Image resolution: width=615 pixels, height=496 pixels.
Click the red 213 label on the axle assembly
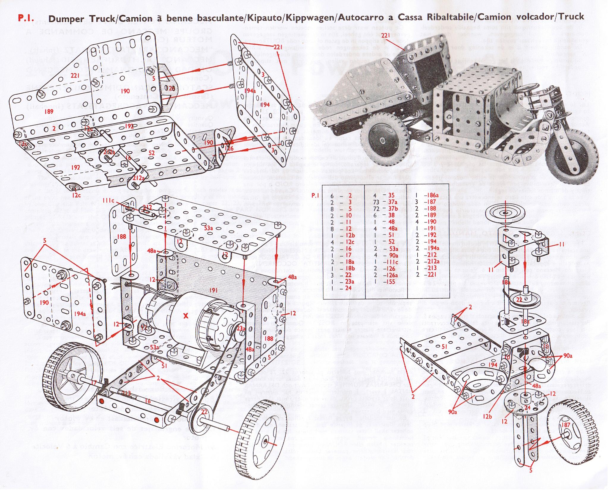127,393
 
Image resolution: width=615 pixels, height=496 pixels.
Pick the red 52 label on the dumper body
152,153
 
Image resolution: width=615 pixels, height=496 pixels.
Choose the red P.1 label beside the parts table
331,195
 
